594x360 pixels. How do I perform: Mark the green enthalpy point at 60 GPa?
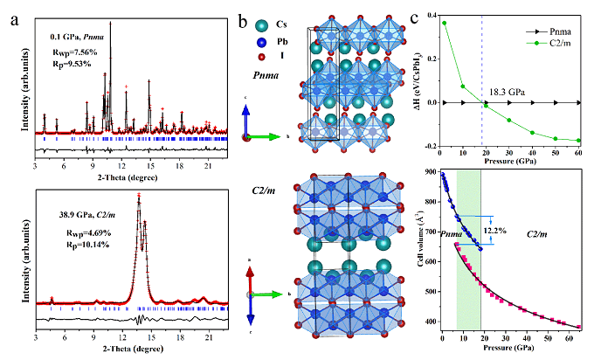pos(578,141)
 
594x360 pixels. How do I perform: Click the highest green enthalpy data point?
pos(444,23)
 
